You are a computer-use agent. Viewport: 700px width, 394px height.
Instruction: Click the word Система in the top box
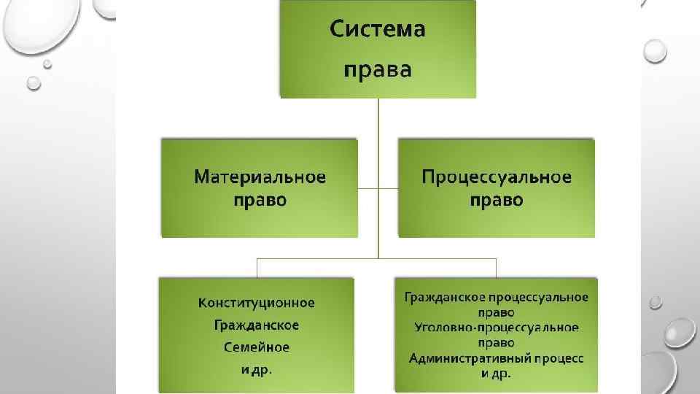coord(378,31)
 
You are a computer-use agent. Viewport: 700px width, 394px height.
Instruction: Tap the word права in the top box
coord(378,71)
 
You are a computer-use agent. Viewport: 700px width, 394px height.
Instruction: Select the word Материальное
coord(260,177)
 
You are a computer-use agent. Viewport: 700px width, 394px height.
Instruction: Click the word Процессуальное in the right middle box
coord(497,177)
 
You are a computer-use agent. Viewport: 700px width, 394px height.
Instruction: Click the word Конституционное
coord(257,303)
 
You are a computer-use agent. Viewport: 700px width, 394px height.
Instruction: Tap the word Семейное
coord(257,347)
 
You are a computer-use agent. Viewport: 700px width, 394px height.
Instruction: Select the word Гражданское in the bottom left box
coord(257,325)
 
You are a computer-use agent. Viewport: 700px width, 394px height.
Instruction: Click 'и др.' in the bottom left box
coord(257,370)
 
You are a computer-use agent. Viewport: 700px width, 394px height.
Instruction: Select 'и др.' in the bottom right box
coord(497,374)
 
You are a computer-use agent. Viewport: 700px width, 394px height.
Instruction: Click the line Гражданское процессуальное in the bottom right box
coord(497,296)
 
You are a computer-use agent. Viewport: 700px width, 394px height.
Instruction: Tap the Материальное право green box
coord(260,219)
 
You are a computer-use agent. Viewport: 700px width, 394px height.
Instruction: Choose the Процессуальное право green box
coord(497,219)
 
